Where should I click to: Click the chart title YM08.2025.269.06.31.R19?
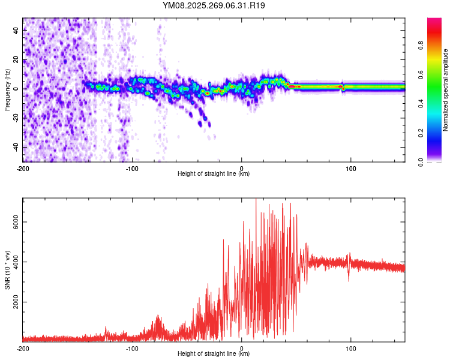pyautogui.click(x=214, y=5)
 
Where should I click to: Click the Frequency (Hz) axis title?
pyautogui.click(x=7, y=89)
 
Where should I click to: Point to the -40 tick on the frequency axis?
pyautogui.click(x=15, y=147)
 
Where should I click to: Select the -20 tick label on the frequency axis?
pyautogui.click(x=15, y=118)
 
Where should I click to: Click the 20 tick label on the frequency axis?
pyautogui.click(x=16, y=60)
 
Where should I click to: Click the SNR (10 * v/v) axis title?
pyautogui.click(x=7, y=269)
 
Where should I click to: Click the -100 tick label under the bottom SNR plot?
pyautogui.click(x=132, y=348)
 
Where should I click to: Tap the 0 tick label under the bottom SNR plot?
pyautogui.click(x=242, y=348)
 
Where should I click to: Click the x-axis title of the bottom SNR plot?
pyautogui.click(x=214, y=355)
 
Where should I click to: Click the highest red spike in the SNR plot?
pyautogui.click(x=256, y=199)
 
